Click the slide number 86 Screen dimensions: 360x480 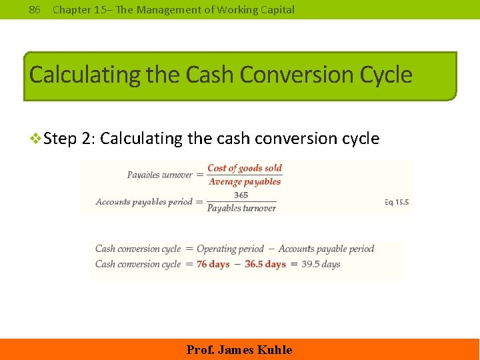tap(35, 9)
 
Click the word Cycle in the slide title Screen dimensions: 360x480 tap(386, 74)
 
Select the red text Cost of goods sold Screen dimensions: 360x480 tap(245, 168)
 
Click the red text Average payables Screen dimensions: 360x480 tap(245, 181)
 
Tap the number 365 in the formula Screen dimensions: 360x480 tap(241, 195)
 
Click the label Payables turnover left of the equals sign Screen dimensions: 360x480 tap(160, 175)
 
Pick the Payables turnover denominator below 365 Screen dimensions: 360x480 tap(241, 208)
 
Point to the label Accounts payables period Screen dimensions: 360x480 tap(144, 201)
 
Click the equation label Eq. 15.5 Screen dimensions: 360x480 tap(397, 201)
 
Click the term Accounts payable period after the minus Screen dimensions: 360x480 tap(326, 249)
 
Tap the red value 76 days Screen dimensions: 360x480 tap(213, 264)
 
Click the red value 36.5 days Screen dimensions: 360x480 tap(265, 264)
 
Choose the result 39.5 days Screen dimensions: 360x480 tap(321, 264)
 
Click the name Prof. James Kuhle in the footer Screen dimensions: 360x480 tap(239, 350)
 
